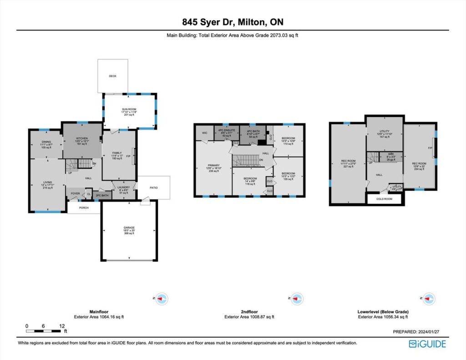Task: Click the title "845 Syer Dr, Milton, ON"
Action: pyautogui.click(x=233, y=22)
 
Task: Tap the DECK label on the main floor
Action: pyautogui.click(x=112, y=76)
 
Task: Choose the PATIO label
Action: pyautogui.click(x=154, y=187)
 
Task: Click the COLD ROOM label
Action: pyautogui.click(x=384, y=199)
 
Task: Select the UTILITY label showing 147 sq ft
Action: pyautogui.click(x=385, y=133)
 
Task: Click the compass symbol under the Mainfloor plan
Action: pyautogui.click(x=162, y=299)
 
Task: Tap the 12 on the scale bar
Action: pyautogui.click(x=61, y=326)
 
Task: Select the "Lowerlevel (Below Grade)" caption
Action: pyautogui.click(x=383, y=312)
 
